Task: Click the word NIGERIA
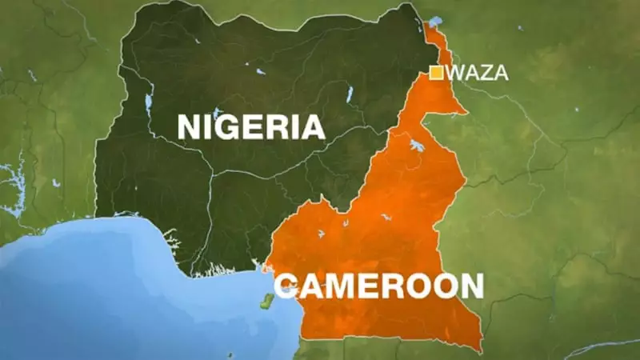coord(250,126)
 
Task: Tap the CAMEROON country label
coord(378,286)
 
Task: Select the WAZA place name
coord(478,74)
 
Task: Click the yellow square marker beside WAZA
coord(437,73)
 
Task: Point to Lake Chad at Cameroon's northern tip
coord(435,22)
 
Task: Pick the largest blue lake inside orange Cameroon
coord(417,146)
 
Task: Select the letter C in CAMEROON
coord(286,286)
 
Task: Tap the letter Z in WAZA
coord(487,74)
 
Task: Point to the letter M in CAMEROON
coord(346,286)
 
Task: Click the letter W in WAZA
coord(457,74)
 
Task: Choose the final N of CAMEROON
coord(470,286)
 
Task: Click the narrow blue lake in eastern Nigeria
coord(350,94)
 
